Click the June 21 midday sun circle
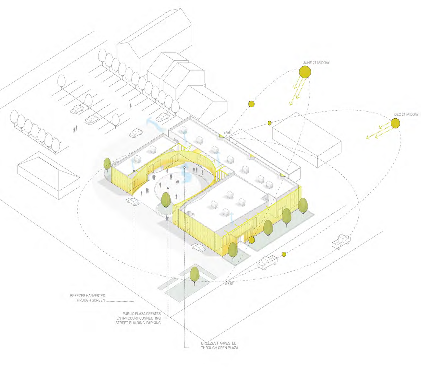(x=305, y=72)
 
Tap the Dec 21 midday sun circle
(x=395, y=123)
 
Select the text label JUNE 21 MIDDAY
(x=316, y=63)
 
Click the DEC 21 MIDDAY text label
(x=406, y=114)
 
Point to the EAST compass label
(x=227, y=132)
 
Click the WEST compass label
(x=229, y=284)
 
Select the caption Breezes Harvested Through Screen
(x=88, y=298)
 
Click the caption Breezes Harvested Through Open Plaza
(x=220, y=345)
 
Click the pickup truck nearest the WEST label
(x=267, y=262)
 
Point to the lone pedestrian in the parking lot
(x=131, y=106)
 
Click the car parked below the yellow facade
(x=198, y=247)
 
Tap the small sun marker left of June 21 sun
(x=251, y=104)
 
